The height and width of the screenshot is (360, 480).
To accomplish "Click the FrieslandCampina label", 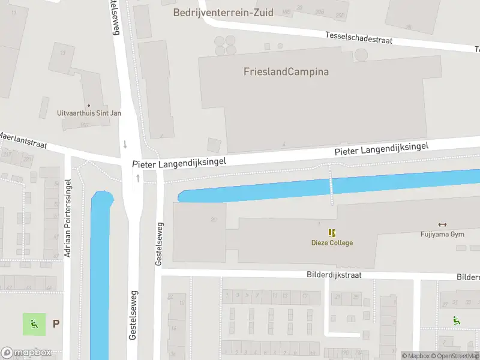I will pyautogui.click(x=286, y=72).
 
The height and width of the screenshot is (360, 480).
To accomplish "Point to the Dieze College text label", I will pyautogui.click(x=332, y=243).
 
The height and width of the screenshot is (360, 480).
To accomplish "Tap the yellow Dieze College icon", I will pyautogui.click(x=332, y=233).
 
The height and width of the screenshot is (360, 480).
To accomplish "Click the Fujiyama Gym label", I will pyautogui.click(x=443, y=235).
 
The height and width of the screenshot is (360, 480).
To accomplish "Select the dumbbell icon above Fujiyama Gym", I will pyautogui.click(x=443, y=225).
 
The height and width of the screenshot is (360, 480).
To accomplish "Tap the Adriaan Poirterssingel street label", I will pyautogui.click(x=68, y=218).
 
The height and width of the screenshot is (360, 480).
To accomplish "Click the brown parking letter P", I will pyautogui.click(x=56, y=324).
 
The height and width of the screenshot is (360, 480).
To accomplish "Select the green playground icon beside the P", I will pyautogui.click(x=34, y=324).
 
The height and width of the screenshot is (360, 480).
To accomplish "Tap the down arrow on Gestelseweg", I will pyautogui.click(x=125, y=144).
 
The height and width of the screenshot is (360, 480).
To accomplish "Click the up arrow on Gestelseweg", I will pyautogui.click(x=138, y=178).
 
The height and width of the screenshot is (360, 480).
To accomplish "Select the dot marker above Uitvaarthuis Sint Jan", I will pyautogui.click(x=89, y=106).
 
